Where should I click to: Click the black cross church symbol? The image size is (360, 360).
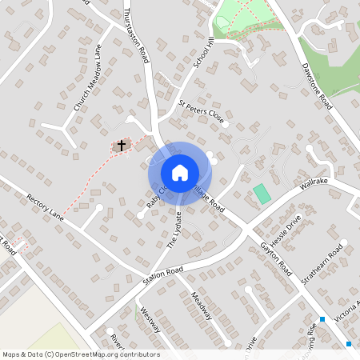(122, 146)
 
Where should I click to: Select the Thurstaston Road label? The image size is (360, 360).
(137, 36)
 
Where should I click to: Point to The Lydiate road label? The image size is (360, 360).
(174, 230)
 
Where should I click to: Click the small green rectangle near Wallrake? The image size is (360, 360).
(261, 194)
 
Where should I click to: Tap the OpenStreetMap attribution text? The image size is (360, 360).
(81, 354)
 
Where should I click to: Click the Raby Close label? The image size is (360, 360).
(156, 197)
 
